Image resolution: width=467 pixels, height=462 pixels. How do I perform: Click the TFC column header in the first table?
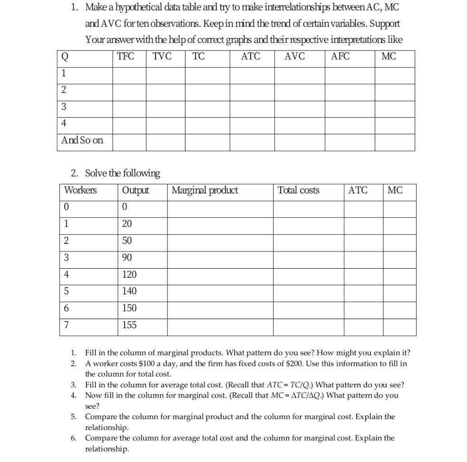coord(126,57)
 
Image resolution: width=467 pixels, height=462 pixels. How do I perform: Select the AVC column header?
coord(294,57)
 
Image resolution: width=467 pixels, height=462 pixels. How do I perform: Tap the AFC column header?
coord(340,57)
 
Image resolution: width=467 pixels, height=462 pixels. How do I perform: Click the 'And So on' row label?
coord(82,141)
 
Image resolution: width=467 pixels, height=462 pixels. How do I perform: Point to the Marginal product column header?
coord(204,191)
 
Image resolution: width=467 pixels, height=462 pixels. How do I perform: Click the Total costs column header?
coord(299,191)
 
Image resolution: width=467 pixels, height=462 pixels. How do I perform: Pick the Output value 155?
coord(129,325)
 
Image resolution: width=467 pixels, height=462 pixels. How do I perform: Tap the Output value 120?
coord(129,275)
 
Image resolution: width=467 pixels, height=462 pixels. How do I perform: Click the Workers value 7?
coord(67,325)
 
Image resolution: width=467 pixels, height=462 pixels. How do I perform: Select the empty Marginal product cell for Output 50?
coord(220,241)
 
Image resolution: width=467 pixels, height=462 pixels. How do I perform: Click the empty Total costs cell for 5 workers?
coord(308,291)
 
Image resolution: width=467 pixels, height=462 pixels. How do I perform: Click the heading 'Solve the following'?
coord(122,173)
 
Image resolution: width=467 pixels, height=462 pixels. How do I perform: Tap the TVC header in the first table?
coord(162,57)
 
